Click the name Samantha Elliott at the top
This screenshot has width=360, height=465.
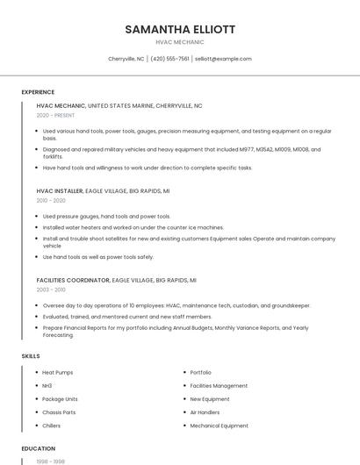pos(180,29)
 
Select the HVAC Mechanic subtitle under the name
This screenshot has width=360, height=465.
pos(180,42)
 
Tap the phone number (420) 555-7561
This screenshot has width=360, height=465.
pos(170,59)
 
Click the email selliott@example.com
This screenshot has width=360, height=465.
pos(223,59)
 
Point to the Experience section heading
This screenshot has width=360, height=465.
pos(38,92)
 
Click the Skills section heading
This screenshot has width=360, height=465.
pos(30,356)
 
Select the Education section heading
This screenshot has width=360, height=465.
pos(38,448)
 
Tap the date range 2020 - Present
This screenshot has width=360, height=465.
pos(54,116)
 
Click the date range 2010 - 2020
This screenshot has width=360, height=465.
pos(51,200)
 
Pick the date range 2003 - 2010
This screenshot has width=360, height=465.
pos(51,290)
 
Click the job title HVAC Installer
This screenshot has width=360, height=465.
pos(60,190)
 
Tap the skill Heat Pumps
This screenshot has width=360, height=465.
pos(58,373)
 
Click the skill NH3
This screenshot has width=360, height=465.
pos(47,386)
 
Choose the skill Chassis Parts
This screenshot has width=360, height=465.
pos(59,412)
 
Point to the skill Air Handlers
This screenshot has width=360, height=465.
pos(206,412)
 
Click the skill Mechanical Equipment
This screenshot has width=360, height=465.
pos(220,426)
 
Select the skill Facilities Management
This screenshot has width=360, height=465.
pos(219,386)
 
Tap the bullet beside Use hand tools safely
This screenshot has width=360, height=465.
pos(37,257)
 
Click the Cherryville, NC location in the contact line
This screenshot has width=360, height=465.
pos(126,59)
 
